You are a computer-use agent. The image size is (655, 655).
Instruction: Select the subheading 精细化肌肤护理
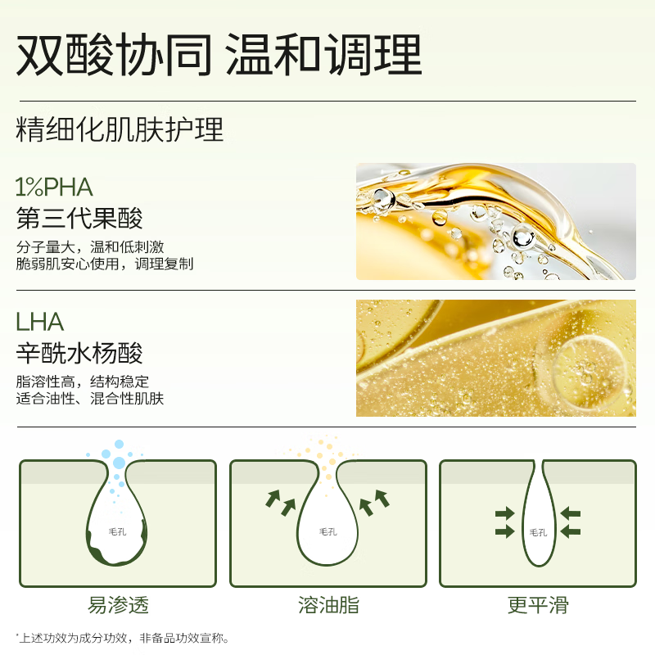click(x=120, y=129)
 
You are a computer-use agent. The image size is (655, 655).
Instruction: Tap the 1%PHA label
click(x=54, y=187)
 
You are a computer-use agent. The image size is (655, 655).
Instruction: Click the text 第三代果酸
click(x=79, y=219)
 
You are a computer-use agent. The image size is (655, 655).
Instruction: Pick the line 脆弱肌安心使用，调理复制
click(x=105, y=264)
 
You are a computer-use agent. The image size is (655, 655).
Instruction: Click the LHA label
click(x=39, y=322)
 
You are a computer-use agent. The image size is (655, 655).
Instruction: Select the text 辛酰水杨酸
click(x=79, y=353)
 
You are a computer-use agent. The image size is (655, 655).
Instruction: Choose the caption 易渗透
click(x=118, y=606)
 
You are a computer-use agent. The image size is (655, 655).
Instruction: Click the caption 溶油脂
click(x=328, y=606)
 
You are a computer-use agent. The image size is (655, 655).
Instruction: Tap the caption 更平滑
click(x=538, y=606)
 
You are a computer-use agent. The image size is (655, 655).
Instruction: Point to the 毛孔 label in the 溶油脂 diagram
click(x=328, y=531)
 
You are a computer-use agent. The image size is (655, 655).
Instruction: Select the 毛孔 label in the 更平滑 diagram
click(x=538, y=532)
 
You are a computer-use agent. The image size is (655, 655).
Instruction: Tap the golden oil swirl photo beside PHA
click(x=495, y=221)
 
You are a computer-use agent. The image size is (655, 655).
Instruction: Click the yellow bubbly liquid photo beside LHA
click(x=495, y=358)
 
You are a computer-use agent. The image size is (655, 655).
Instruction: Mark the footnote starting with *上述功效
click(x=122, y=638)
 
